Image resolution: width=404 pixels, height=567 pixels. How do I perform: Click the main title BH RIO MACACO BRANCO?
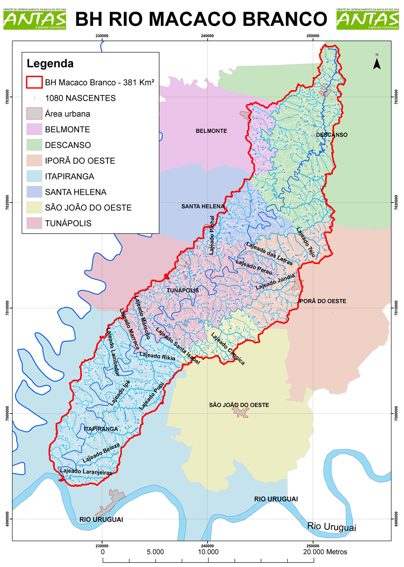pos(201,19)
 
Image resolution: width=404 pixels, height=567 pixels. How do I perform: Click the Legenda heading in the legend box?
pos(50,63)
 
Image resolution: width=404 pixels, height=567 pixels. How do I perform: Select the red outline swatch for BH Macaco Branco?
pos(34,82)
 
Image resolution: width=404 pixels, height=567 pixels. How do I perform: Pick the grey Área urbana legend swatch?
pos(34,114)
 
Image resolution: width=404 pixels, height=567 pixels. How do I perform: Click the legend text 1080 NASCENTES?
pos(80,98)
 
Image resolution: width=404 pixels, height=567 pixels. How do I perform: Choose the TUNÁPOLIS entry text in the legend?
pos(68,223)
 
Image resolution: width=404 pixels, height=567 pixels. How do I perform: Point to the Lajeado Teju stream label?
pos(305,242)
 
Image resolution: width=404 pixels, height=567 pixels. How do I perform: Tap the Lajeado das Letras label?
pos(269,253)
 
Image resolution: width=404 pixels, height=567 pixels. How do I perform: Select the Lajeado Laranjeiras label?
pos(86,472)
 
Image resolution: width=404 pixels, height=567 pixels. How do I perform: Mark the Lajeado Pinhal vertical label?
pos(212,235)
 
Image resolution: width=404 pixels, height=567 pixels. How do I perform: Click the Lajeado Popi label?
pos(152,396)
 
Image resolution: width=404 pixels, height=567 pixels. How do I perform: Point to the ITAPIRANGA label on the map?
pos(101,429)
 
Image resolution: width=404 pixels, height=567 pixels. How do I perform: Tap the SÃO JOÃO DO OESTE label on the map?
pos(239,405)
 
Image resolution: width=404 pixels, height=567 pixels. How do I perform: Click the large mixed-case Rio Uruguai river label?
pos(332,527)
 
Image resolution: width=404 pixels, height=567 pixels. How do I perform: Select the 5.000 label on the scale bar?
pos(155,552)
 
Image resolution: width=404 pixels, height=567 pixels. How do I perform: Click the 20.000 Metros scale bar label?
pos(325,552)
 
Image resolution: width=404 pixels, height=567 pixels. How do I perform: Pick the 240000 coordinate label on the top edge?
pos(207,36)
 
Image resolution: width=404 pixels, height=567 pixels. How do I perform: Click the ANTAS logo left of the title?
pos(35,19)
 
